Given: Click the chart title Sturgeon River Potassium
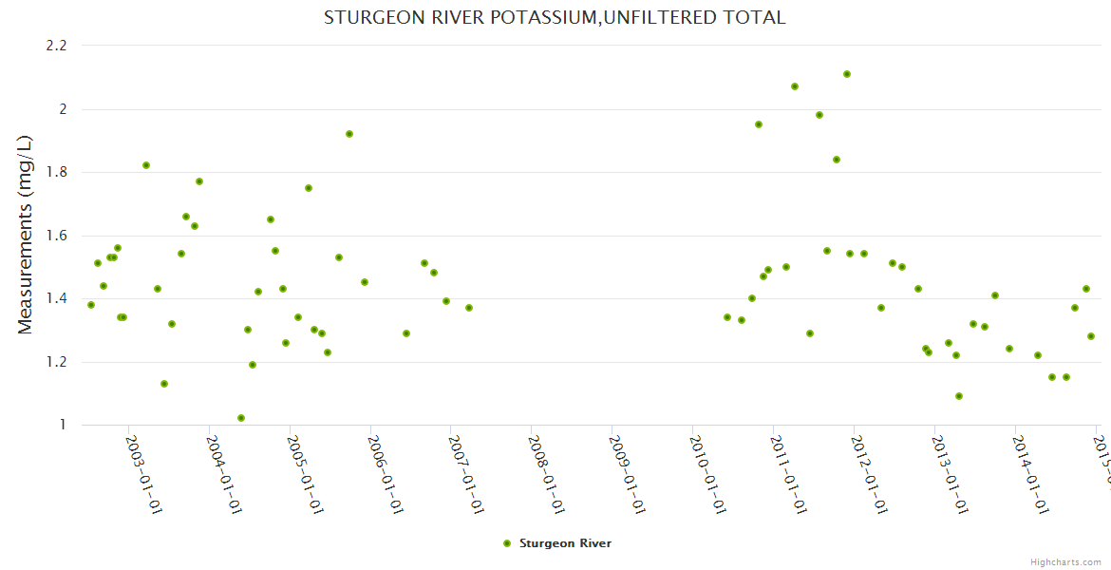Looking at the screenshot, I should tap(555, 17).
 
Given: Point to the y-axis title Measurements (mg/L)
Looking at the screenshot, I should tap(26, 235).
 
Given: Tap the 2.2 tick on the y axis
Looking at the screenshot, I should tap(56, 46).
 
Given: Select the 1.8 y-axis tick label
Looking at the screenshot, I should tap(56, 172).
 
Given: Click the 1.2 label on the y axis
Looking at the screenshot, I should tap(56, 362).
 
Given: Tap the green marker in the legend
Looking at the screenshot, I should tap(507, 543).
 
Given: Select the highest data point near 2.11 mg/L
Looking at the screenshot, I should tap(847, 74).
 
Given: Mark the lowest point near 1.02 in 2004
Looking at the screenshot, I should tap(241, 418).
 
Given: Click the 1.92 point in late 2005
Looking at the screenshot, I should tap(349, 134).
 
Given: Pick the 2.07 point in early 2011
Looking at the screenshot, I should tap(795, 86).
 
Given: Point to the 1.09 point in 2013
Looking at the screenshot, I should tap(959, 396).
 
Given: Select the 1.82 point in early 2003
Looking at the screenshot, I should tap(146, 165).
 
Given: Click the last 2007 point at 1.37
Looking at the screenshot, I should tap(469, 308).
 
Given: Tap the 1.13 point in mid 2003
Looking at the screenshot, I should tap(164, 384).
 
